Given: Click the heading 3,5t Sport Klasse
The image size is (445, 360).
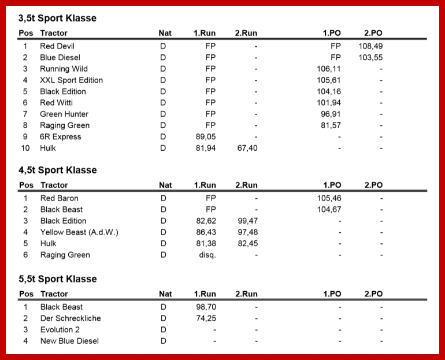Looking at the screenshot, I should point(57,18).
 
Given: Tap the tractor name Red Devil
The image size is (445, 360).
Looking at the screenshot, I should point(57,46).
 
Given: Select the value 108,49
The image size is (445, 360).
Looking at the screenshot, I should point(370,46).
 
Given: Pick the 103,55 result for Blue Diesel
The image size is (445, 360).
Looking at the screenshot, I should point(370,58).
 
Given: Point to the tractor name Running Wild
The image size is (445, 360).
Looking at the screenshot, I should point(64,69).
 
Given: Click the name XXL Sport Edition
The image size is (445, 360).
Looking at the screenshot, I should point(71,80).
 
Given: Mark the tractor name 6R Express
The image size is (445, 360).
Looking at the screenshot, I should point(60,137).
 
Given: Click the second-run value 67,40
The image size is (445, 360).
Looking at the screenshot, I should point(247,149).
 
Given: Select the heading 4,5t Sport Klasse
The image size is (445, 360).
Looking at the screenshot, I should point(57,170).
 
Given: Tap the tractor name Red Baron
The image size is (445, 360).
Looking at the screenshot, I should point(59,198).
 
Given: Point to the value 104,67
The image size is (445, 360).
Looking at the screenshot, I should point(329,210).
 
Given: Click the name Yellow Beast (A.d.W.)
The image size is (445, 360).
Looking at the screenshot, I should point(79,232).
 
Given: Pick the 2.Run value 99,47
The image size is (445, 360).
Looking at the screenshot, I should point(247,221).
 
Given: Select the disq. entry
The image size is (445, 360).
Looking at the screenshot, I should point(206,255).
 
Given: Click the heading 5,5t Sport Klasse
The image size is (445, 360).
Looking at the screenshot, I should point(57,279).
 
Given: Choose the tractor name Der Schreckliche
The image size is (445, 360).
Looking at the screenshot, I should point(71,318).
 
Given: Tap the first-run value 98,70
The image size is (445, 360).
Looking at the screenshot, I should point(206,307).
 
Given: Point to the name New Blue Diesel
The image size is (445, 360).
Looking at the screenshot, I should point(69,341).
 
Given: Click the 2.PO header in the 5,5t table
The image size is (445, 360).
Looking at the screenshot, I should point(373,294).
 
